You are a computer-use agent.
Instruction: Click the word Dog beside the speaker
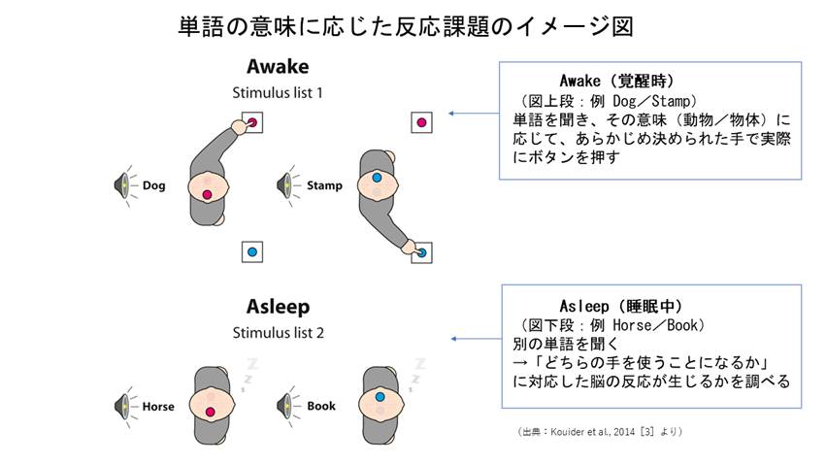click(153, 184)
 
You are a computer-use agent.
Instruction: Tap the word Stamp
click(323, 184)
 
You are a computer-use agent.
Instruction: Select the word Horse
click(158, 405)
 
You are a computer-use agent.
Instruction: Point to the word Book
click(320, 405)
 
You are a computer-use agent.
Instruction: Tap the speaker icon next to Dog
click(124, 184)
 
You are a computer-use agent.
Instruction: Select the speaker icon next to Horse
click(124, 405)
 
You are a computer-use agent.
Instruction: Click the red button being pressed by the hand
click(252, 123)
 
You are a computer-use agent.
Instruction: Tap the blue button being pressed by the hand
click(422, 252)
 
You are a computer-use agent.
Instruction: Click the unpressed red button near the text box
click(422, 122)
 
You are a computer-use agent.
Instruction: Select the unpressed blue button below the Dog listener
click(252, 251)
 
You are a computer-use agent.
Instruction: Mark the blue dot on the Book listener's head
click(378, 397)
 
